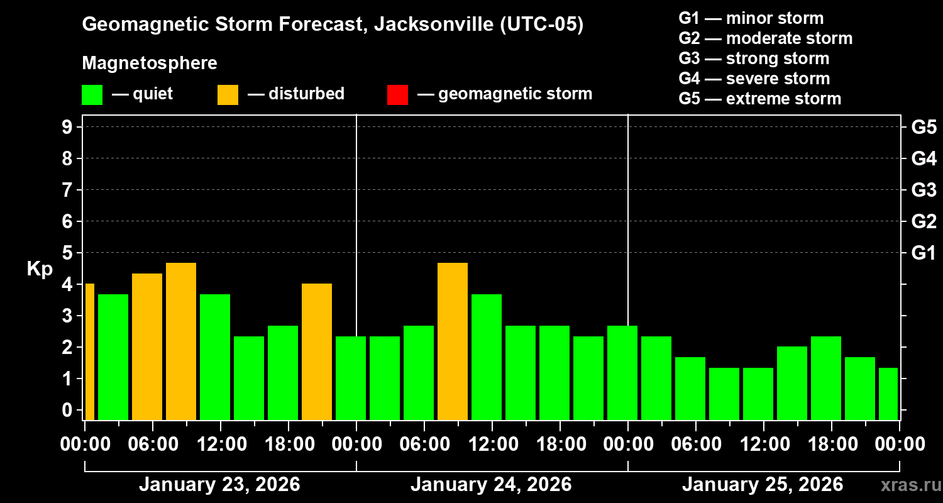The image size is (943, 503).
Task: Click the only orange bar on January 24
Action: click(x=453, y=341)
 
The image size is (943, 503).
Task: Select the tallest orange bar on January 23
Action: click(x=181, y=341)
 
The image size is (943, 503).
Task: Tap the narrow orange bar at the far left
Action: click(x=89, y=351)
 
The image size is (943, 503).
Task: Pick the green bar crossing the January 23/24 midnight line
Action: click(x=351, y=378)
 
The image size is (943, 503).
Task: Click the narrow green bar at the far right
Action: click(x=888, y=394)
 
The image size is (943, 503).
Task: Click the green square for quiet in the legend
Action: click(x=92, y=94)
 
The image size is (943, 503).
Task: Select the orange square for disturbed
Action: click(x=228, y=94)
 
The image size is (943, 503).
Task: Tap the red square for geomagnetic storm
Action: click(x=397, y=94)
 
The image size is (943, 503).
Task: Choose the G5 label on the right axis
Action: click(x=924, y=127)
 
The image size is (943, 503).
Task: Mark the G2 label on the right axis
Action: click(x=924, y=221)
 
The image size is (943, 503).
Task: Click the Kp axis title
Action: click(x=40, y=269)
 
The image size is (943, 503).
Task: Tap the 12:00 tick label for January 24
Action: click(x=492, y=444)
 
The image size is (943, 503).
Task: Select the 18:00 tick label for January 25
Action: click(x=832, y=444)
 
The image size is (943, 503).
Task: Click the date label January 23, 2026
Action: click(x=219, y=485)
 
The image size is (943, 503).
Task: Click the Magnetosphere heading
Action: click(x=150, y=64)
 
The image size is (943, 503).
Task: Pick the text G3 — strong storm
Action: click(x=754, y=58)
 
